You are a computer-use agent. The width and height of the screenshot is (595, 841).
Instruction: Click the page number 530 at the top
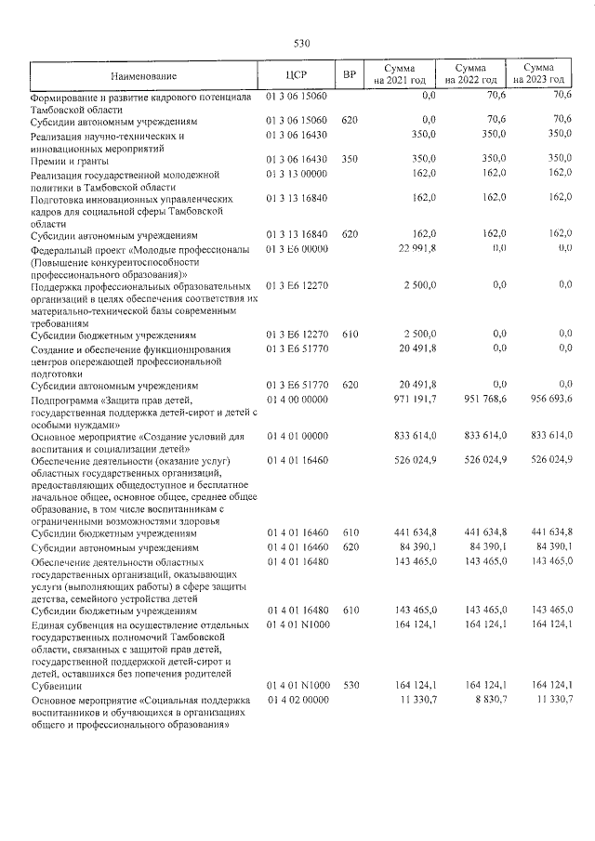(300, 43)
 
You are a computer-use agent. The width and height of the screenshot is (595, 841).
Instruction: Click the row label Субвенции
(55, 685)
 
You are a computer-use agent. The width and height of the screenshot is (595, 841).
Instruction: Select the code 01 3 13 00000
(297, 174)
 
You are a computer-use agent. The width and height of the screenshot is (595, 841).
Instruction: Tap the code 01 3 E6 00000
(297, 248)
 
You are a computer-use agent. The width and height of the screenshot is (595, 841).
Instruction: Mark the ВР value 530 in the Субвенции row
(350, 685)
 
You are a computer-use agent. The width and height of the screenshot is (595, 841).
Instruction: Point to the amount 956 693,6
(550, 398)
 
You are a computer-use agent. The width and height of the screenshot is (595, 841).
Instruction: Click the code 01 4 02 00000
(297, 698)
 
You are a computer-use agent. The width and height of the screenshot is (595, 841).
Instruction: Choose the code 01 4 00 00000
(297, 398)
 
